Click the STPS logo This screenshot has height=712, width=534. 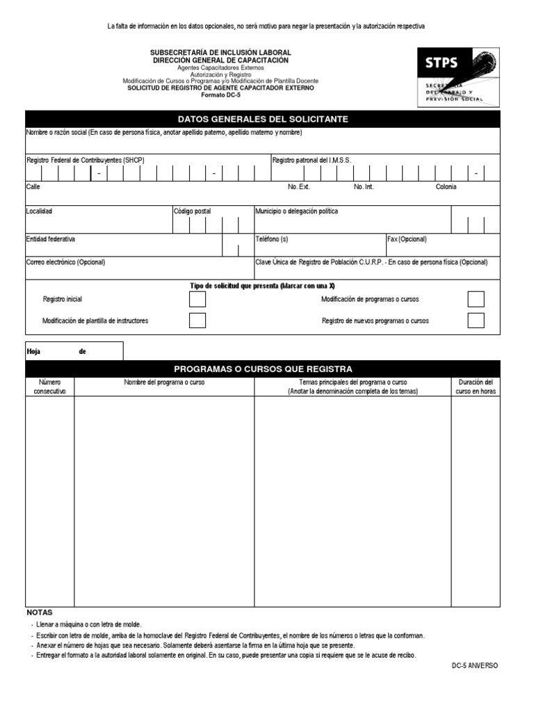458,76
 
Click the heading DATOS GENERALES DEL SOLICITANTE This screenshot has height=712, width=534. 263,120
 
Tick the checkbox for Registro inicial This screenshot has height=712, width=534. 197,300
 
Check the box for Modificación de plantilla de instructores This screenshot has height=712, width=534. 197,321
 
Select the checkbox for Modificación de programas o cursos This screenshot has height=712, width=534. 476,300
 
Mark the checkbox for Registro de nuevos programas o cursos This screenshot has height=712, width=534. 476,321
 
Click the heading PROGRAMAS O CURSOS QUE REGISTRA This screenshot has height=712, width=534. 263,369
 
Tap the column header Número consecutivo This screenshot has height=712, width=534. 50,387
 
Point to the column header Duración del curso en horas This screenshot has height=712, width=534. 476,387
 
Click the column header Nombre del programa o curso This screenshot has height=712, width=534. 164,383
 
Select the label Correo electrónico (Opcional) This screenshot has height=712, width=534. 66,263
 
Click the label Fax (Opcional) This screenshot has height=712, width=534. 407,239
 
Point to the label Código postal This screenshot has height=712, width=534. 193,211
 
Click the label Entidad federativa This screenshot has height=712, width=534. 51,239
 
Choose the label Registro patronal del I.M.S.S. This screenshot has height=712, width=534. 311,161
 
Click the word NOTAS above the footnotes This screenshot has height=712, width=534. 40,613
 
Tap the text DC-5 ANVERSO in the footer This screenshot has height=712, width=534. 475,665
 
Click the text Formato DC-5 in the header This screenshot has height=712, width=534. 220,95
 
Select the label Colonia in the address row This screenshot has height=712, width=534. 446,187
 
